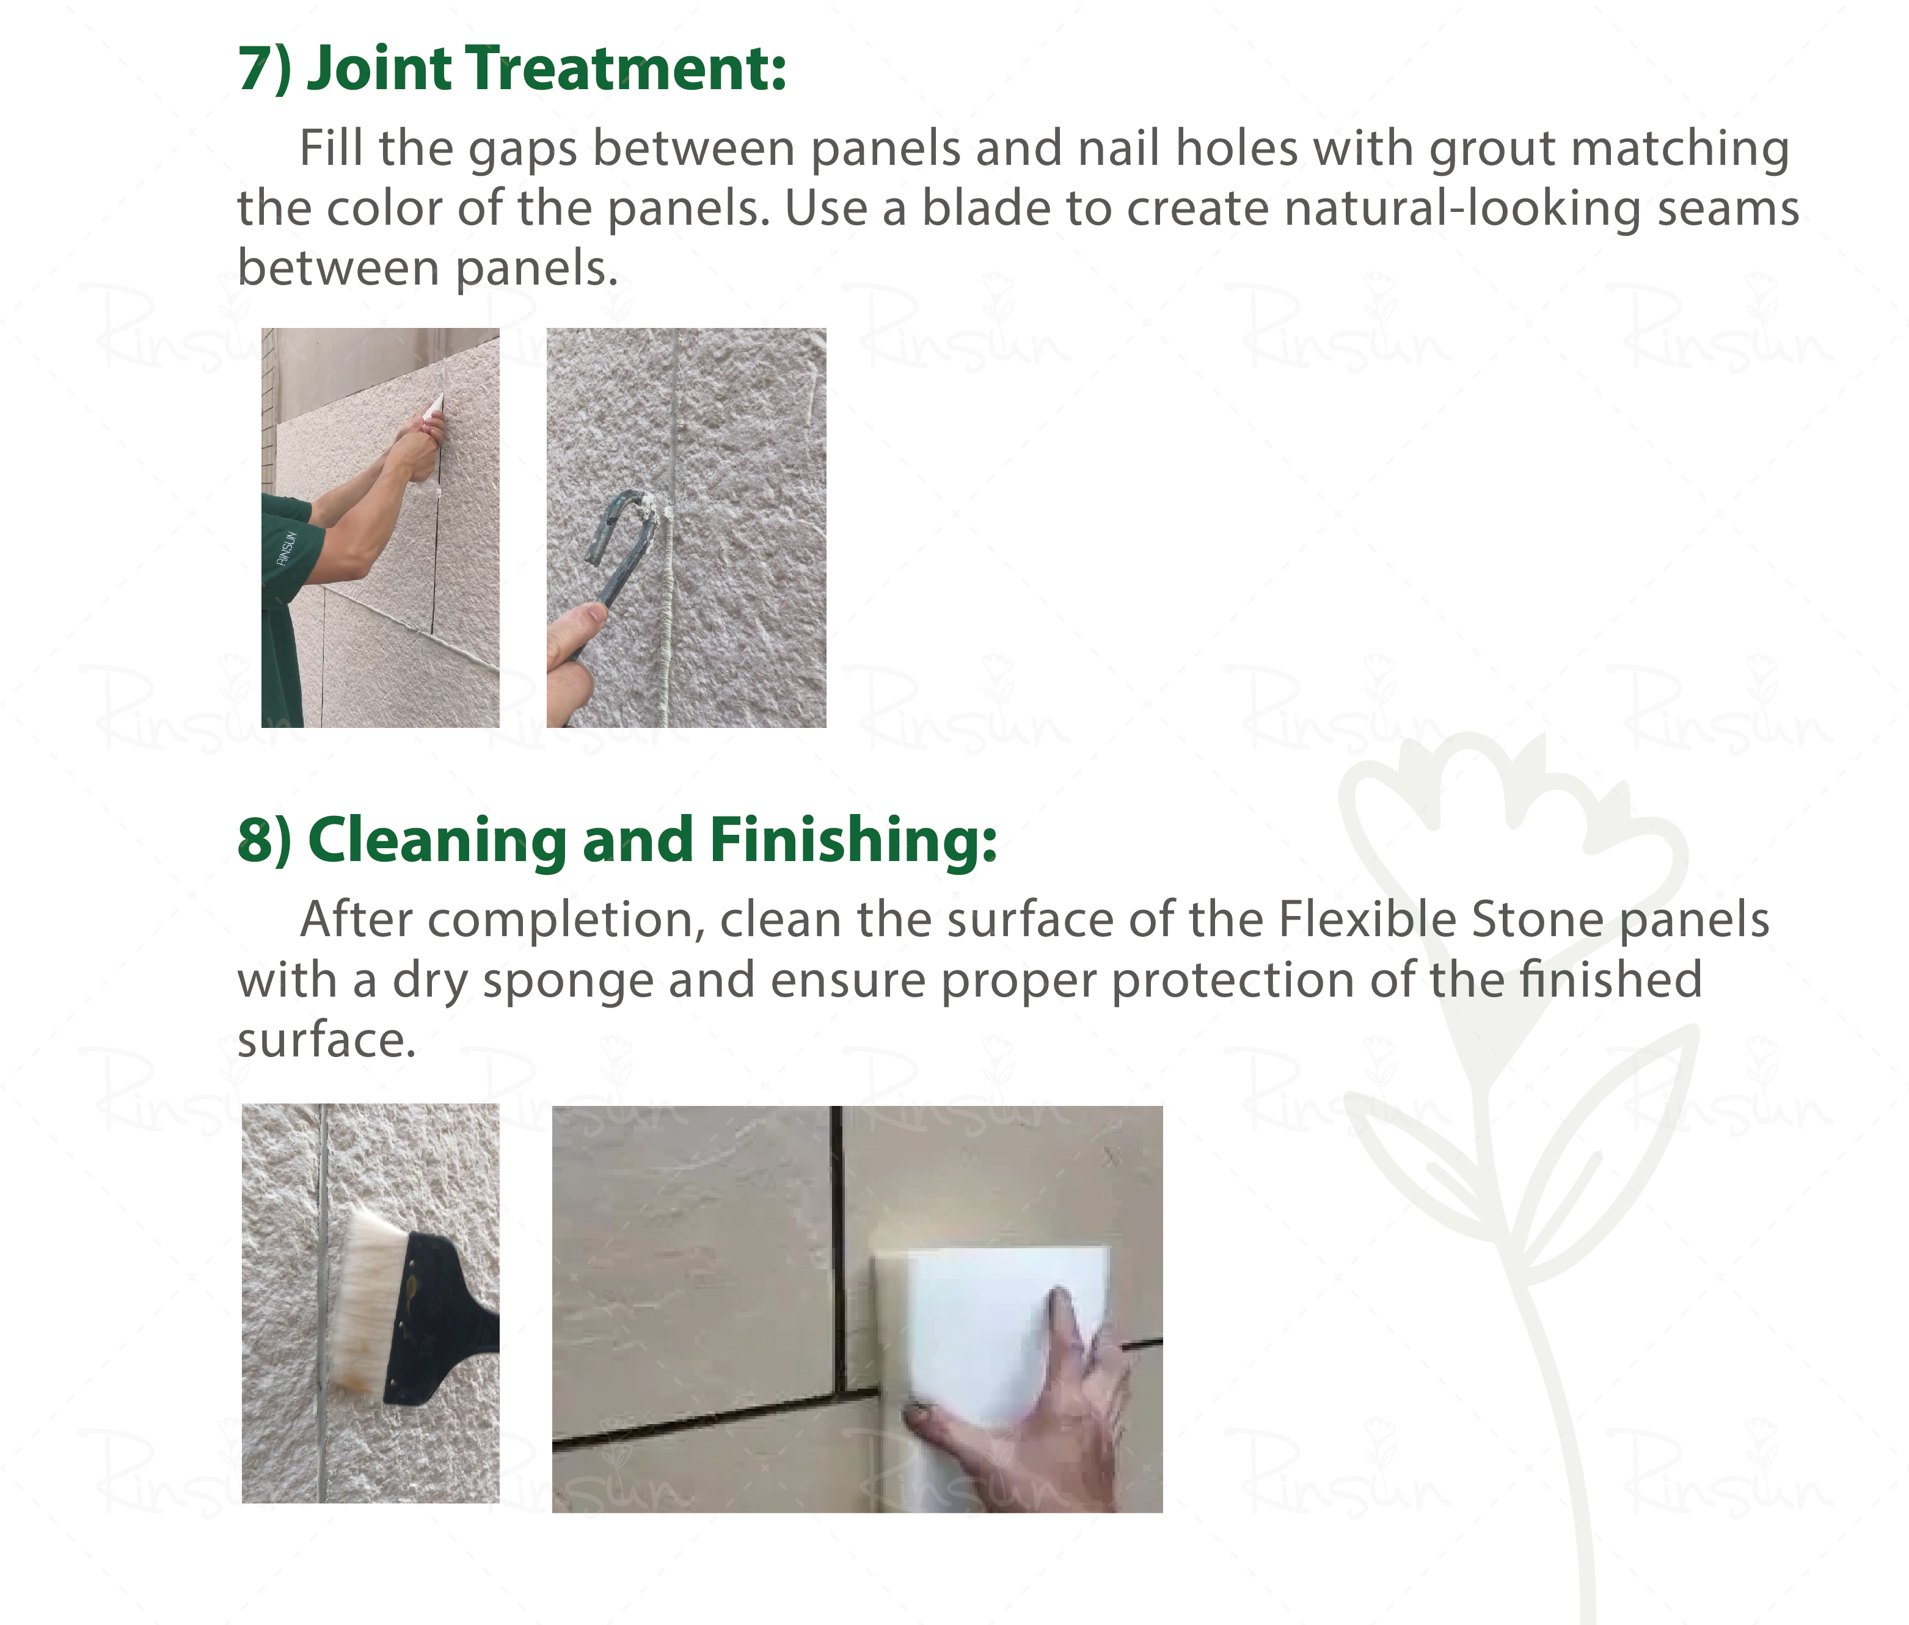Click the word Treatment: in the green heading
(x=627, y=69)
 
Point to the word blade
(x=986, y=208)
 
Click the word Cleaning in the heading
(x=437, y=841)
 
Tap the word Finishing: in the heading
(x=853, y=841)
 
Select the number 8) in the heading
(x=265, y=840)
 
